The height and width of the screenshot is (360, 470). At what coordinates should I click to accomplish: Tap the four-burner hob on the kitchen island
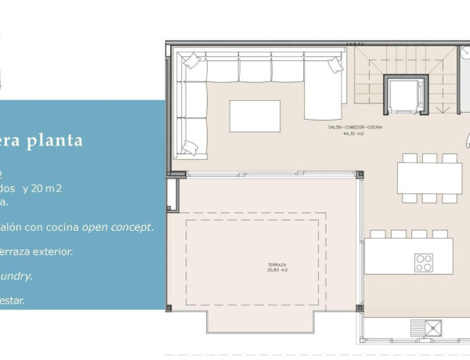(425, 261)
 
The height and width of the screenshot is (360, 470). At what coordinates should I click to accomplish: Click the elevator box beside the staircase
(405, 95)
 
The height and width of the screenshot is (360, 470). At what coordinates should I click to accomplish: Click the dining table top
(428, 178)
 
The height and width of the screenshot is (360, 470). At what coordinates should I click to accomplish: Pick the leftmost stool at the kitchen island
(378, 233)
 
